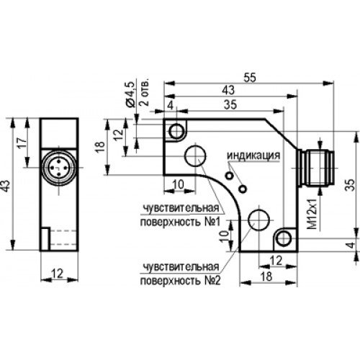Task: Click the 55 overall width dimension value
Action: coord(250,78)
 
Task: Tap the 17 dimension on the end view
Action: coord(23,143)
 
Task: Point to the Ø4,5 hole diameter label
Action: coord(129,94)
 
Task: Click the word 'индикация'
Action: coord(253,156)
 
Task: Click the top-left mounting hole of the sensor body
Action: coord(176,131)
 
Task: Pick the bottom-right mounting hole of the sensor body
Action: coord(284,239)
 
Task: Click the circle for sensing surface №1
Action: coord(195,156)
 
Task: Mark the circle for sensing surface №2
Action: coord(259,220)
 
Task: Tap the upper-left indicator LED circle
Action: coord(230,176)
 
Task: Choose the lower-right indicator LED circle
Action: coord(243,189)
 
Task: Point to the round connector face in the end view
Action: coord(59,168)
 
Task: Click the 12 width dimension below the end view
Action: coord(58,274)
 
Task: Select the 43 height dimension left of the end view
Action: coord(6,186)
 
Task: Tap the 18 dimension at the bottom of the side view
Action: coord(266,276)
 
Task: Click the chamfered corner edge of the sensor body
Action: coord(282,134)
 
